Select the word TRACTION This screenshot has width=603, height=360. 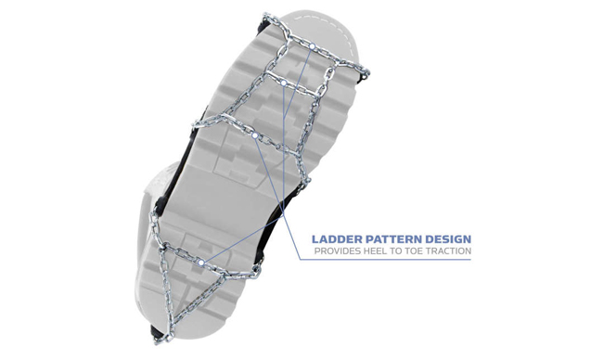pyautogui.click(x=447, y=251)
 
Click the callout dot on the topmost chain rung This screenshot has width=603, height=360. pyautogui.click(x=313, y=46)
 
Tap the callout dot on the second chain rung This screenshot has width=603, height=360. pyautogui.click(x=283, y=83)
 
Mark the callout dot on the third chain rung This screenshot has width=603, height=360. pyautogui.click(x=254, y=135)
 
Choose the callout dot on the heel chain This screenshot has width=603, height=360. pyautogui.click(x=200, y=263)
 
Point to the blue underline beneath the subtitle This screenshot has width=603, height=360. pyautogui.click(x=385, y=259)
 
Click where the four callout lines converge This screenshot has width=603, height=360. pyautogui.click(x=284, y=216)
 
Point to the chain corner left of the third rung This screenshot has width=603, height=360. pyautogui.click(x=199, y=123)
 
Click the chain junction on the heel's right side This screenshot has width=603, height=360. pyautogui.click(x=257, y=272)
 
